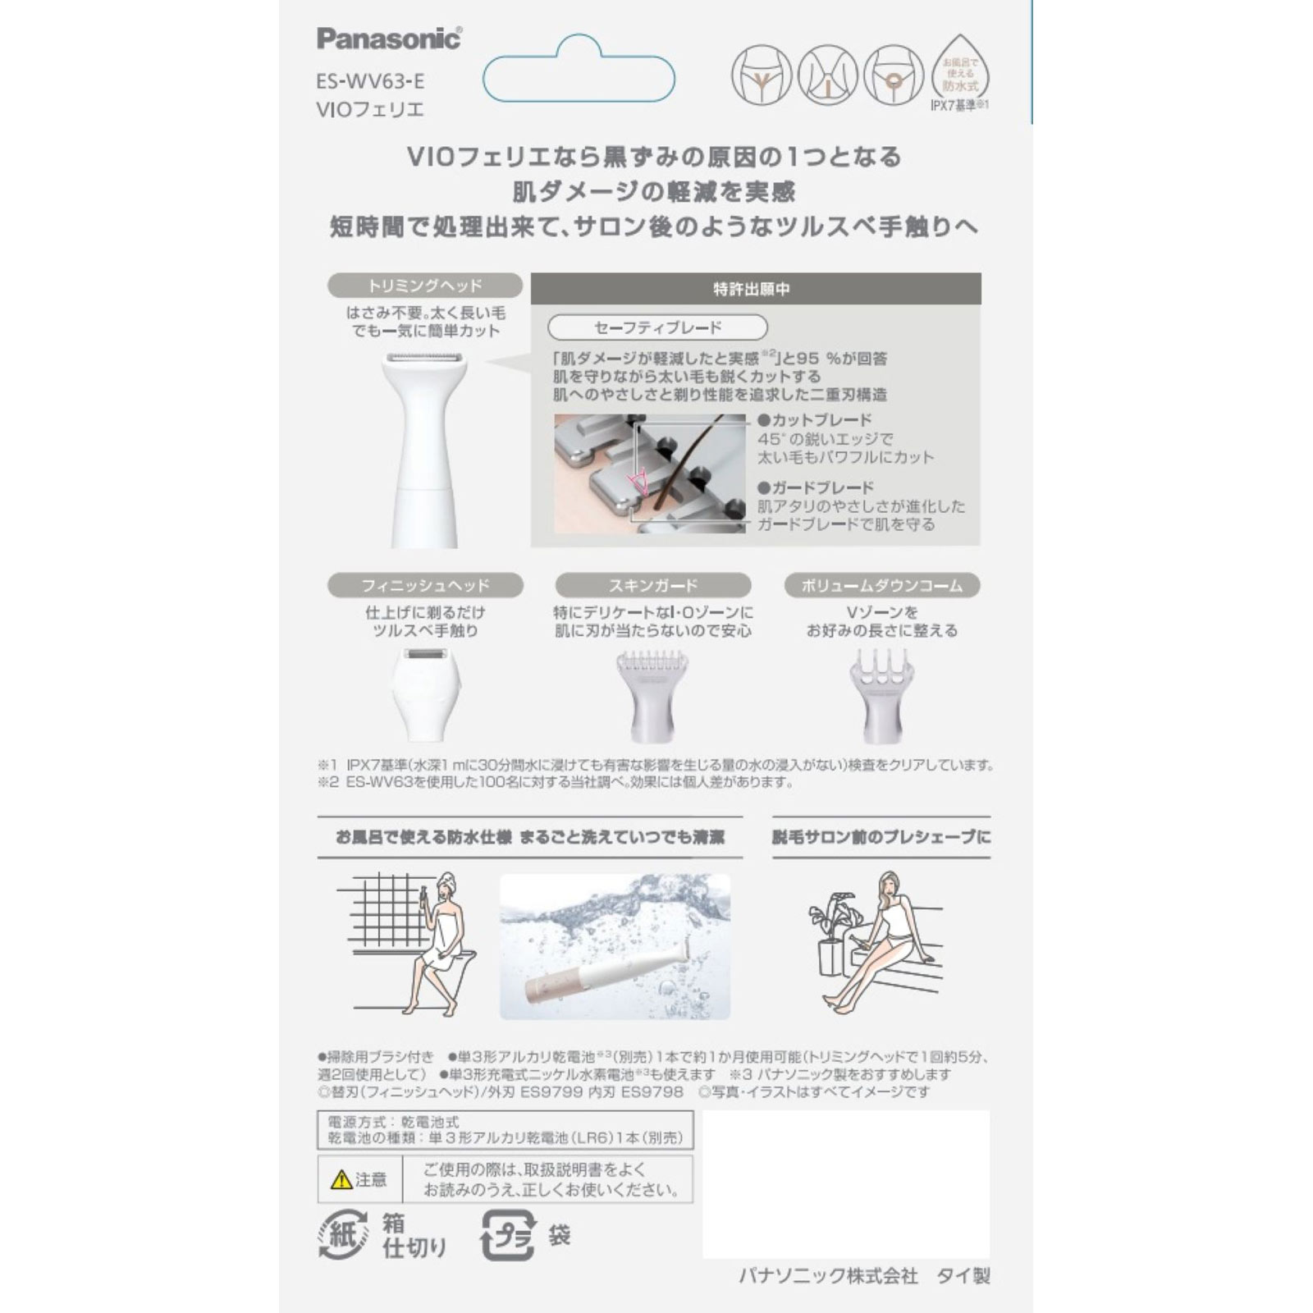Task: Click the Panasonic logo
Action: point(389,38)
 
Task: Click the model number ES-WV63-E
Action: point(370,80)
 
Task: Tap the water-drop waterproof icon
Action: point(959,70)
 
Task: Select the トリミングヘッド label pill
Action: point(425,286)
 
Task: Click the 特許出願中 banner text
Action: point(752,289)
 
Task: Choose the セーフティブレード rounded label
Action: point(657,327)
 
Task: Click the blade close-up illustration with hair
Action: point(649,474)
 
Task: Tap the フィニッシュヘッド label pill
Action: point(425,585)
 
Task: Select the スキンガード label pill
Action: point(653,585)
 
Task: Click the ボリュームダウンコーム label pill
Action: point(882,585)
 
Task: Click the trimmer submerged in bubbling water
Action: point(615,946)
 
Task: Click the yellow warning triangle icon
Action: point(341,1180)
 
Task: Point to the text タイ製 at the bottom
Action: point(963,1275)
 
